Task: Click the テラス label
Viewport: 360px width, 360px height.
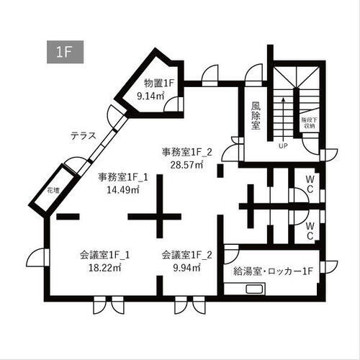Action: (84, 135)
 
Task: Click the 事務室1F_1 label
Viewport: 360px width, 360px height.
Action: (122, 177)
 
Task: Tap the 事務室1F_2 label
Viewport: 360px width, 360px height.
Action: (186, 151)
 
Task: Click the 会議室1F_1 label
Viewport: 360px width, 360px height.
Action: (105, 255)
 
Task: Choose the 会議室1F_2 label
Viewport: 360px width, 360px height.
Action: (186, 255)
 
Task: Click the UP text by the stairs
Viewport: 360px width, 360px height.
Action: (283, 144)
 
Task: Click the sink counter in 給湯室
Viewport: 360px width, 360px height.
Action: (252, 290)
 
